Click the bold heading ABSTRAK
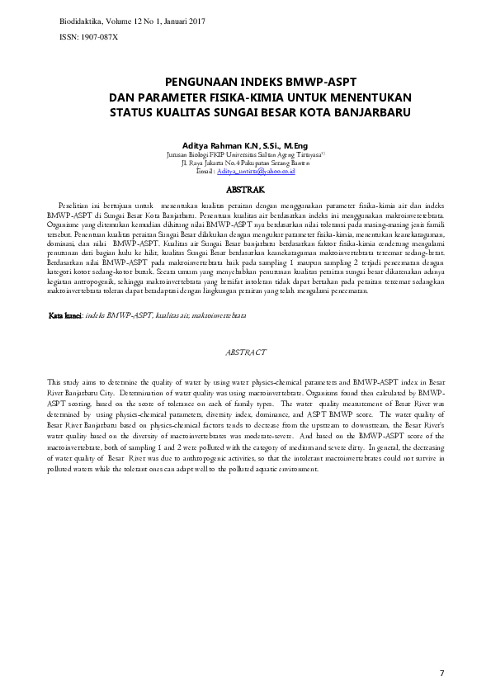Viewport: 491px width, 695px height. (x=245, y=189)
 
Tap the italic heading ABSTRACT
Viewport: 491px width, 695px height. (x=245, y=352)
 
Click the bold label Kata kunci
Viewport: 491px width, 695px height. (x=65, y=315)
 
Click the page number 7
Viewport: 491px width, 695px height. (x=441, y=674)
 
